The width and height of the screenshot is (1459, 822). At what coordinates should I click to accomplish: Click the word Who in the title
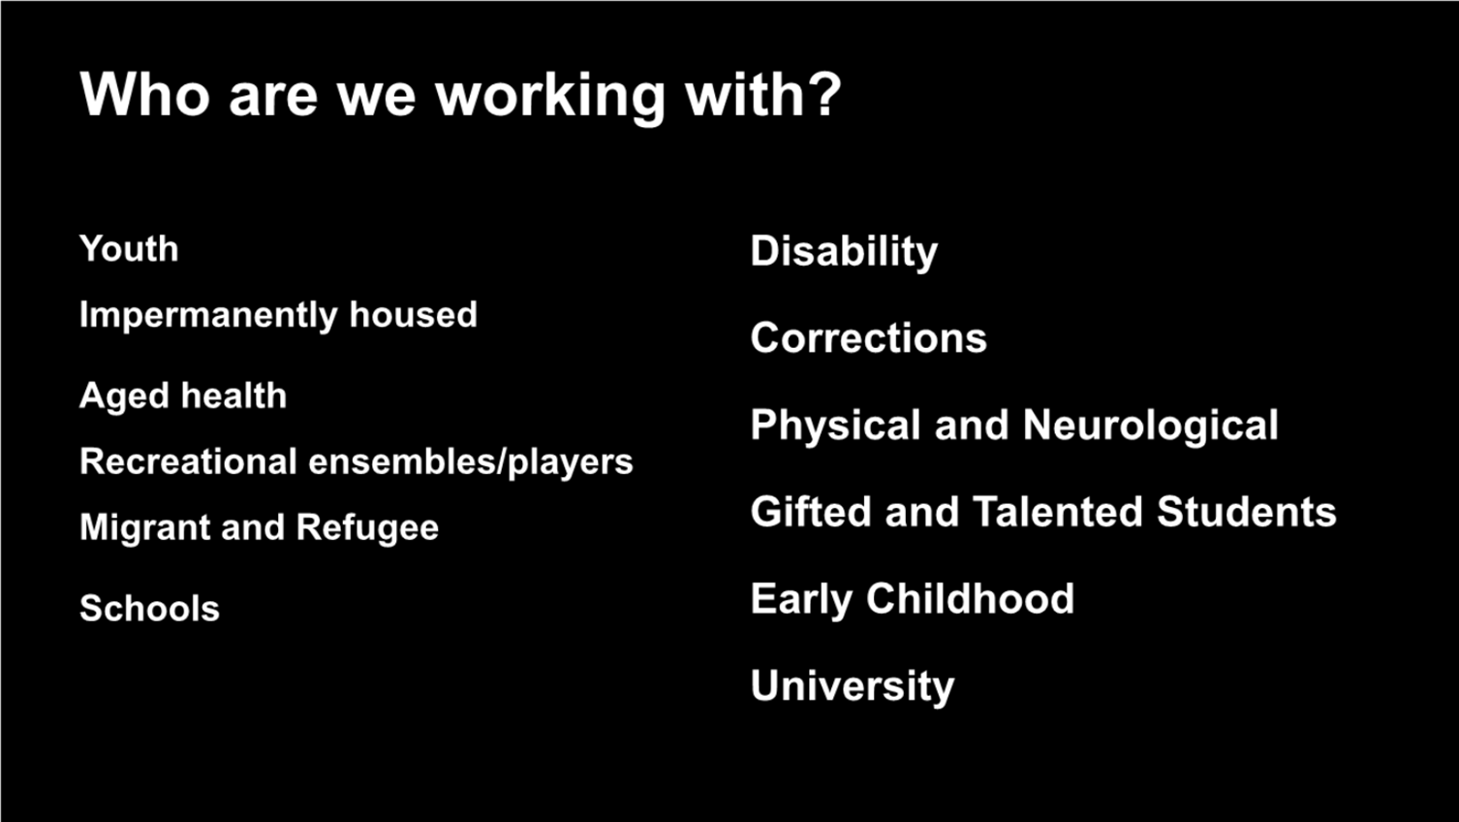click(144, 95)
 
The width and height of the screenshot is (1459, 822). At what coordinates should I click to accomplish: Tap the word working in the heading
click(550, 98)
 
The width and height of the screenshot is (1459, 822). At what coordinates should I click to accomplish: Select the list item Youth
click(129, 249)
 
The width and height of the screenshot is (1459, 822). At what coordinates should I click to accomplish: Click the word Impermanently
click(208, 315)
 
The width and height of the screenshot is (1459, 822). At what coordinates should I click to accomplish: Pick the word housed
click(413, 314)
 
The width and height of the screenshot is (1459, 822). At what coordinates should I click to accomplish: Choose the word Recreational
click(188, 461)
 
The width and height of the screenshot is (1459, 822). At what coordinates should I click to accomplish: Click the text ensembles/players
click(470, 462)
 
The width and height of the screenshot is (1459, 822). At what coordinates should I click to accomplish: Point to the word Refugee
click(367, 528)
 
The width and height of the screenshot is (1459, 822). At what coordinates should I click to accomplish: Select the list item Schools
click(150, 608)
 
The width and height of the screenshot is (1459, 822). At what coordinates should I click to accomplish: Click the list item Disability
click(844, 252)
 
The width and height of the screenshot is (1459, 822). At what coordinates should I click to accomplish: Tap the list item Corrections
click(869, 337)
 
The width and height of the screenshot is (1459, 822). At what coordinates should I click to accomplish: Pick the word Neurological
click(1150, 427)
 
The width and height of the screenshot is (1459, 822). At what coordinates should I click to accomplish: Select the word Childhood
click(970, 598)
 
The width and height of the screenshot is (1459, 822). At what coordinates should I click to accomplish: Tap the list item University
click(853, 687)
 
